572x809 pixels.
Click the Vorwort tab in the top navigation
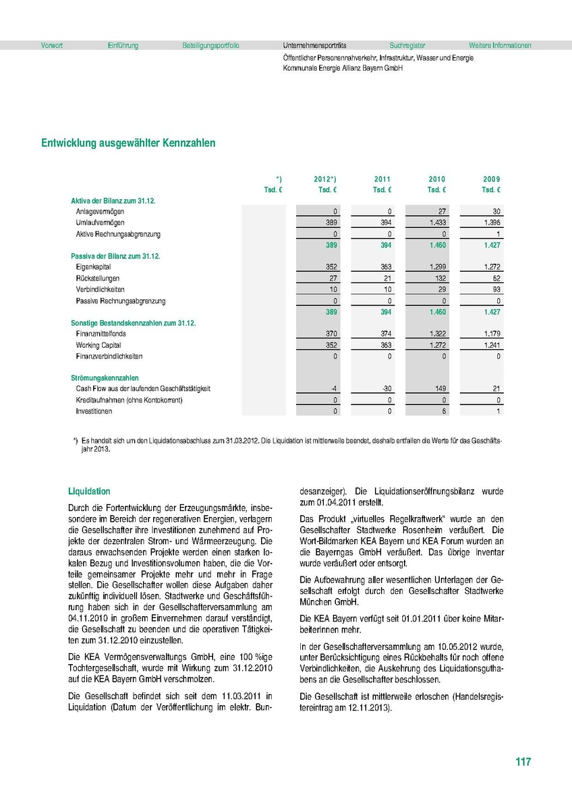point(53,46)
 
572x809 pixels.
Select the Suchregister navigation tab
point(407,46)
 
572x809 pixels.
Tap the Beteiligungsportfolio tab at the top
point(210,46)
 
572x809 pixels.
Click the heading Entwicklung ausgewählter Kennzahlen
point(128,143)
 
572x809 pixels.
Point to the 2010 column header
point(437,179)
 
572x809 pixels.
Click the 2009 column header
point(492,179)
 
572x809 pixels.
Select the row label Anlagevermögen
point(100,212)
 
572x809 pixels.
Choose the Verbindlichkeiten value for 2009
point(496,289)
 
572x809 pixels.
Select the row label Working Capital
point(97,345)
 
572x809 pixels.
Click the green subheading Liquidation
point(89,491)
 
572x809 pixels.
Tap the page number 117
point(523,762)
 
